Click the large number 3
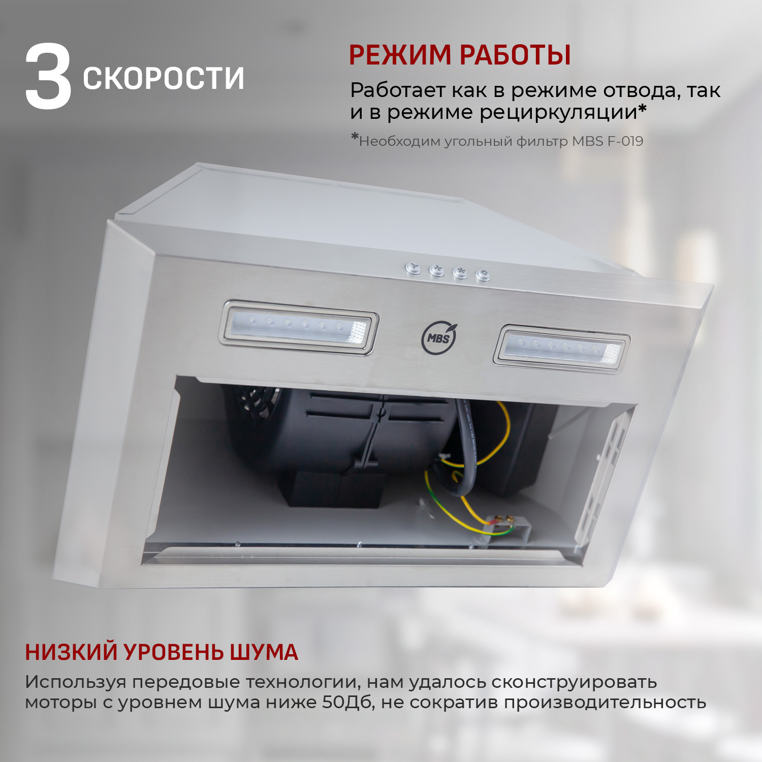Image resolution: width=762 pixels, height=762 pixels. click(48, 77)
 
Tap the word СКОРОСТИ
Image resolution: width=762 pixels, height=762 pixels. click(163, 78)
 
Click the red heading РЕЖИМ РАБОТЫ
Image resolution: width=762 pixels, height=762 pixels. click(460, 55)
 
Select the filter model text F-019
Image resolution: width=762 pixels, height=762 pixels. click(625, 141)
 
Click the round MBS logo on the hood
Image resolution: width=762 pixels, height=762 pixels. click(439, 338)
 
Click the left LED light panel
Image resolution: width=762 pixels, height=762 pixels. click(298, 328)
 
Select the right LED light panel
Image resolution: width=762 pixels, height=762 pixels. click(561, 349)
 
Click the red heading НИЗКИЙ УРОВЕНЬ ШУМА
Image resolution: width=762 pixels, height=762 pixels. click(162, 652)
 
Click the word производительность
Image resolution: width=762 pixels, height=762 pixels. click(605, 703)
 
